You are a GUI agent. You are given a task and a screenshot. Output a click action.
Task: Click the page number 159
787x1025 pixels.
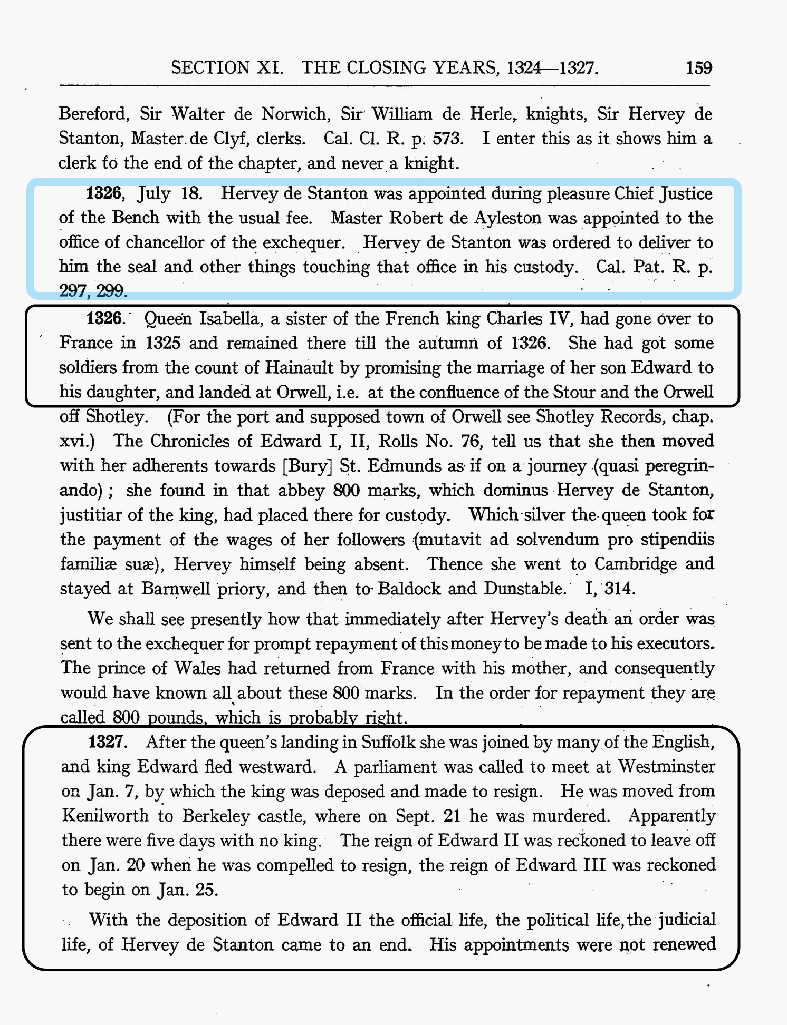699,68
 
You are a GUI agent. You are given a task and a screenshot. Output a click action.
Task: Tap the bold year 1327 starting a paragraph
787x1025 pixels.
108,742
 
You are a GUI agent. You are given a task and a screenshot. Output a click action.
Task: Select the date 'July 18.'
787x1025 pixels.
169,193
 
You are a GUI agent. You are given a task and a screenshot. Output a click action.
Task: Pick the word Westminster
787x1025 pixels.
666,766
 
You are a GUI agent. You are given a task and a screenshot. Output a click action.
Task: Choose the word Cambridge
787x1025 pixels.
636,563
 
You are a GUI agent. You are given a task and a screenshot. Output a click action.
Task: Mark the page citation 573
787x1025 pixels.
448,138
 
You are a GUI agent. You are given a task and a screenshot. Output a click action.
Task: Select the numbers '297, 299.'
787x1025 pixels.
93,290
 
